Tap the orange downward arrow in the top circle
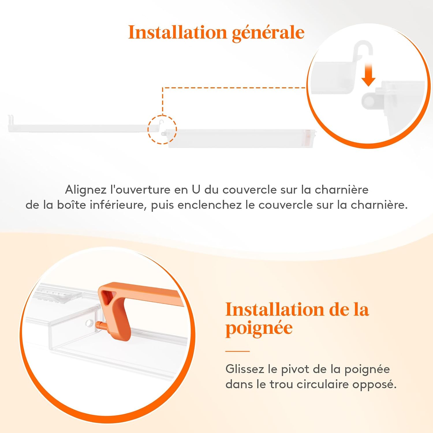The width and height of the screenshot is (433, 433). click(x=368, y=75)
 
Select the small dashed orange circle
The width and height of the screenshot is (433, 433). click(x=162, y=129)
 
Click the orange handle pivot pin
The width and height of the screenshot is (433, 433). click(x=100, y=325)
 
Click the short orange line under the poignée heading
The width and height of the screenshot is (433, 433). click(x=238, y=351)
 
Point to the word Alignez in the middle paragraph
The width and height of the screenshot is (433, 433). click(x=86, y=190)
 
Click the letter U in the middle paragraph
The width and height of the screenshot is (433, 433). click(x=196, y=190)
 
